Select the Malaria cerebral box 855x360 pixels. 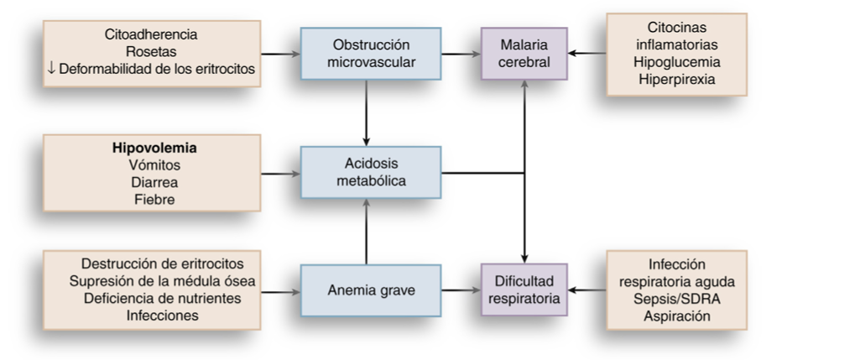click(524, 53)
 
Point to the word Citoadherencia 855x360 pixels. click(152, 36)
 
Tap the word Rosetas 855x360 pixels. click(152, 52)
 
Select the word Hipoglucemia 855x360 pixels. click(677, 61)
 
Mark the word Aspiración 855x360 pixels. click(677, 316)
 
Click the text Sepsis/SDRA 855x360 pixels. click(677, 300)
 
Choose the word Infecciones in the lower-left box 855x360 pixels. click(152, 316)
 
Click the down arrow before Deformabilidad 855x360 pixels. click(52, 68)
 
